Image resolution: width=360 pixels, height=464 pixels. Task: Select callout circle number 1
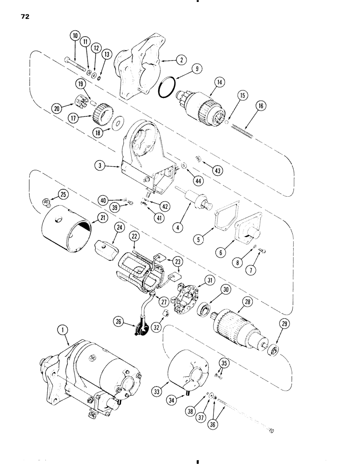tap(60, 331)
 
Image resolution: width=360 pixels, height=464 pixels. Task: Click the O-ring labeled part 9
tap(167, 88)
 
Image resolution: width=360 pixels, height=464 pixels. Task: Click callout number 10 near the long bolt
tap(76, 36)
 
